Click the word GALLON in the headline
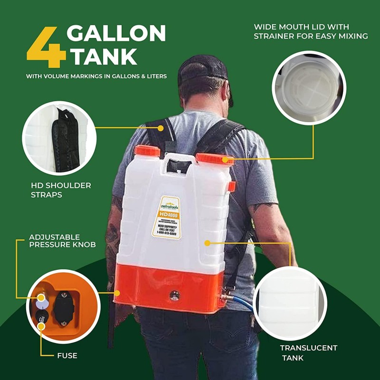(116, 34)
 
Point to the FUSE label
(66, 355)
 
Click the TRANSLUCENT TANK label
(308, 352)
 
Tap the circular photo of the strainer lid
(309, 88)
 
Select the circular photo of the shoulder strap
(59, 138)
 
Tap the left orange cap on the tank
(147, 151)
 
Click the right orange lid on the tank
(214, 159)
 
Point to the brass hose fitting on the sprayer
(224, 298)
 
